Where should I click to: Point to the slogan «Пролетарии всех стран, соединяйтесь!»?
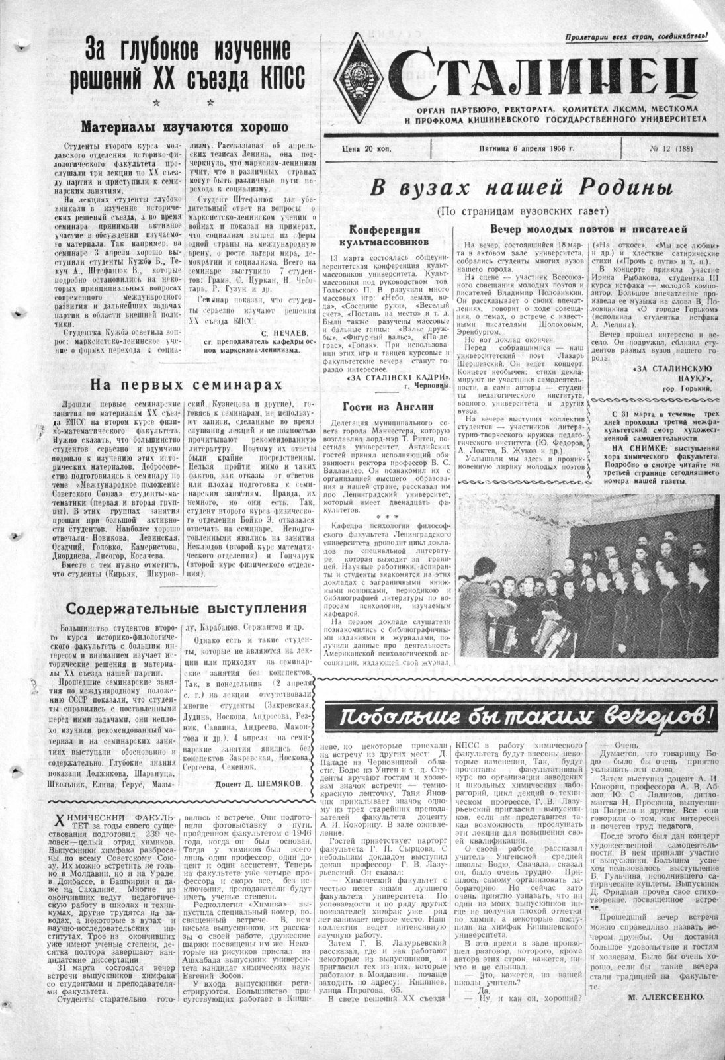pyautogui.click(x=635, y=37)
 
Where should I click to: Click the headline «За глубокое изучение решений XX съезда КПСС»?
pyautogui.click(x=187, y=65)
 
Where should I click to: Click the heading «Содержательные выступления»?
pyautogui.click(x=187, y=607)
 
